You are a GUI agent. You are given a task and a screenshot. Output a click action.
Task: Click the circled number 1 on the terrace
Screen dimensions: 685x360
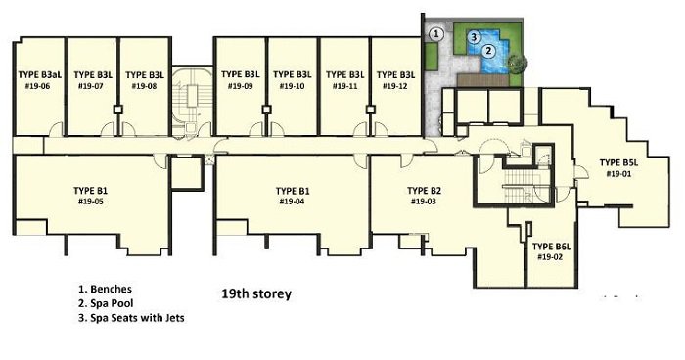point(435,34)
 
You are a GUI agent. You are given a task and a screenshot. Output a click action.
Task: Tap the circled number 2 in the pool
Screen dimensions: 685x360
point(489,51)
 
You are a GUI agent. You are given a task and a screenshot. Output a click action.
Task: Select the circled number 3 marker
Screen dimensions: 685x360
point(474,37)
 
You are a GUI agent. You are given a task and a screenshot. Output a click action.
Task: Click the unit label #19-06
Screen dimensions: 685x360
point(37,86)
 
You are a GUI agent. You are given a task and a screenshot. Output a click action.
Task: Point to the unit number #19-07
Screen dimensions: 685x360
point(90,86)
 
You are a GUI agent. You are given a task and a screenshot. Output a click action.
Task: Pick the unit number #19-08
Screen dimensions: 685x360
point(144,86)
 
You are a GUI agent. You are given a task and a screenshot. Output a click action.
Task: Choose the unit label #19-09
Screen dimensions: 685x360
point(241,86)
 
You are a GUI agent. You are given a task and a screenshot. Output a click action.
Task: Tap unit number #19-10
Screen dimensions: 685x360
point(293,86)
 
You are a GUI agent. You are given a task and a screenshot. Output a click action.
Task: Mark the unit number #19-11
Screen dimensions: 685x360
point(345,86)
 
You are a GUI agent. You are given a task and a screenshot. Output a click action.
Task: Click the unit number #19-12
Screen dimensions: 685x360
point(395,86)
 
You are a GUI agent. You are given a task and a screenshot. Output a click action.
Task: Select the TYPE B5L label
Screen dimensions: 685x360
point(618,163)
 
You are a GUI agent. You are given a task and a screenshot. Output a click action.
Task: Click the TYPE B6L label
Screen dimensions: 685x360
point(551,247)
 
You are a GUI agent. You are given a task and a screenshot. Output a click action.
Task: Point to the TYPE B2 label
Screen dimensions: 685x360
point(424,191)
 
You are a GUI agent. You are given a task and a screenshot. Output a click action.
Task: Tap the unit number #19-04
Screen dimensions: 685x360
point(293,202)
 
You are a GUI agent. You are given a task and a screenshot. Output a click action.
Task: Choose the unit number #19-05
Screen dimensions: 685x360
point(90,202)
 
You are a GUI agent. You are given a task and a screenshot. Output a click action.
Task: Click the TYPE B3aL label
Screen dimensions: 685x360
point(40,75)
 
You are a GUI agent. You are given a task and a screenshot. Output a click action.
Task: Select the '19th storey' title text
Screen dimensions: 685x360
point(256,294)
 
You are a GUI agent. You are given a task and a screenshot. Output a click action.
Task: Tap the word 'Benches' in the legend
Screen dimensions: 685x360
point(111,289)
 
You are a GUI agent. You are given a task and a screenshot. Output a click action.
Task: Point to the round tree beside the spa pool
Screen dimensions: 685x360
point(518,62)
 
